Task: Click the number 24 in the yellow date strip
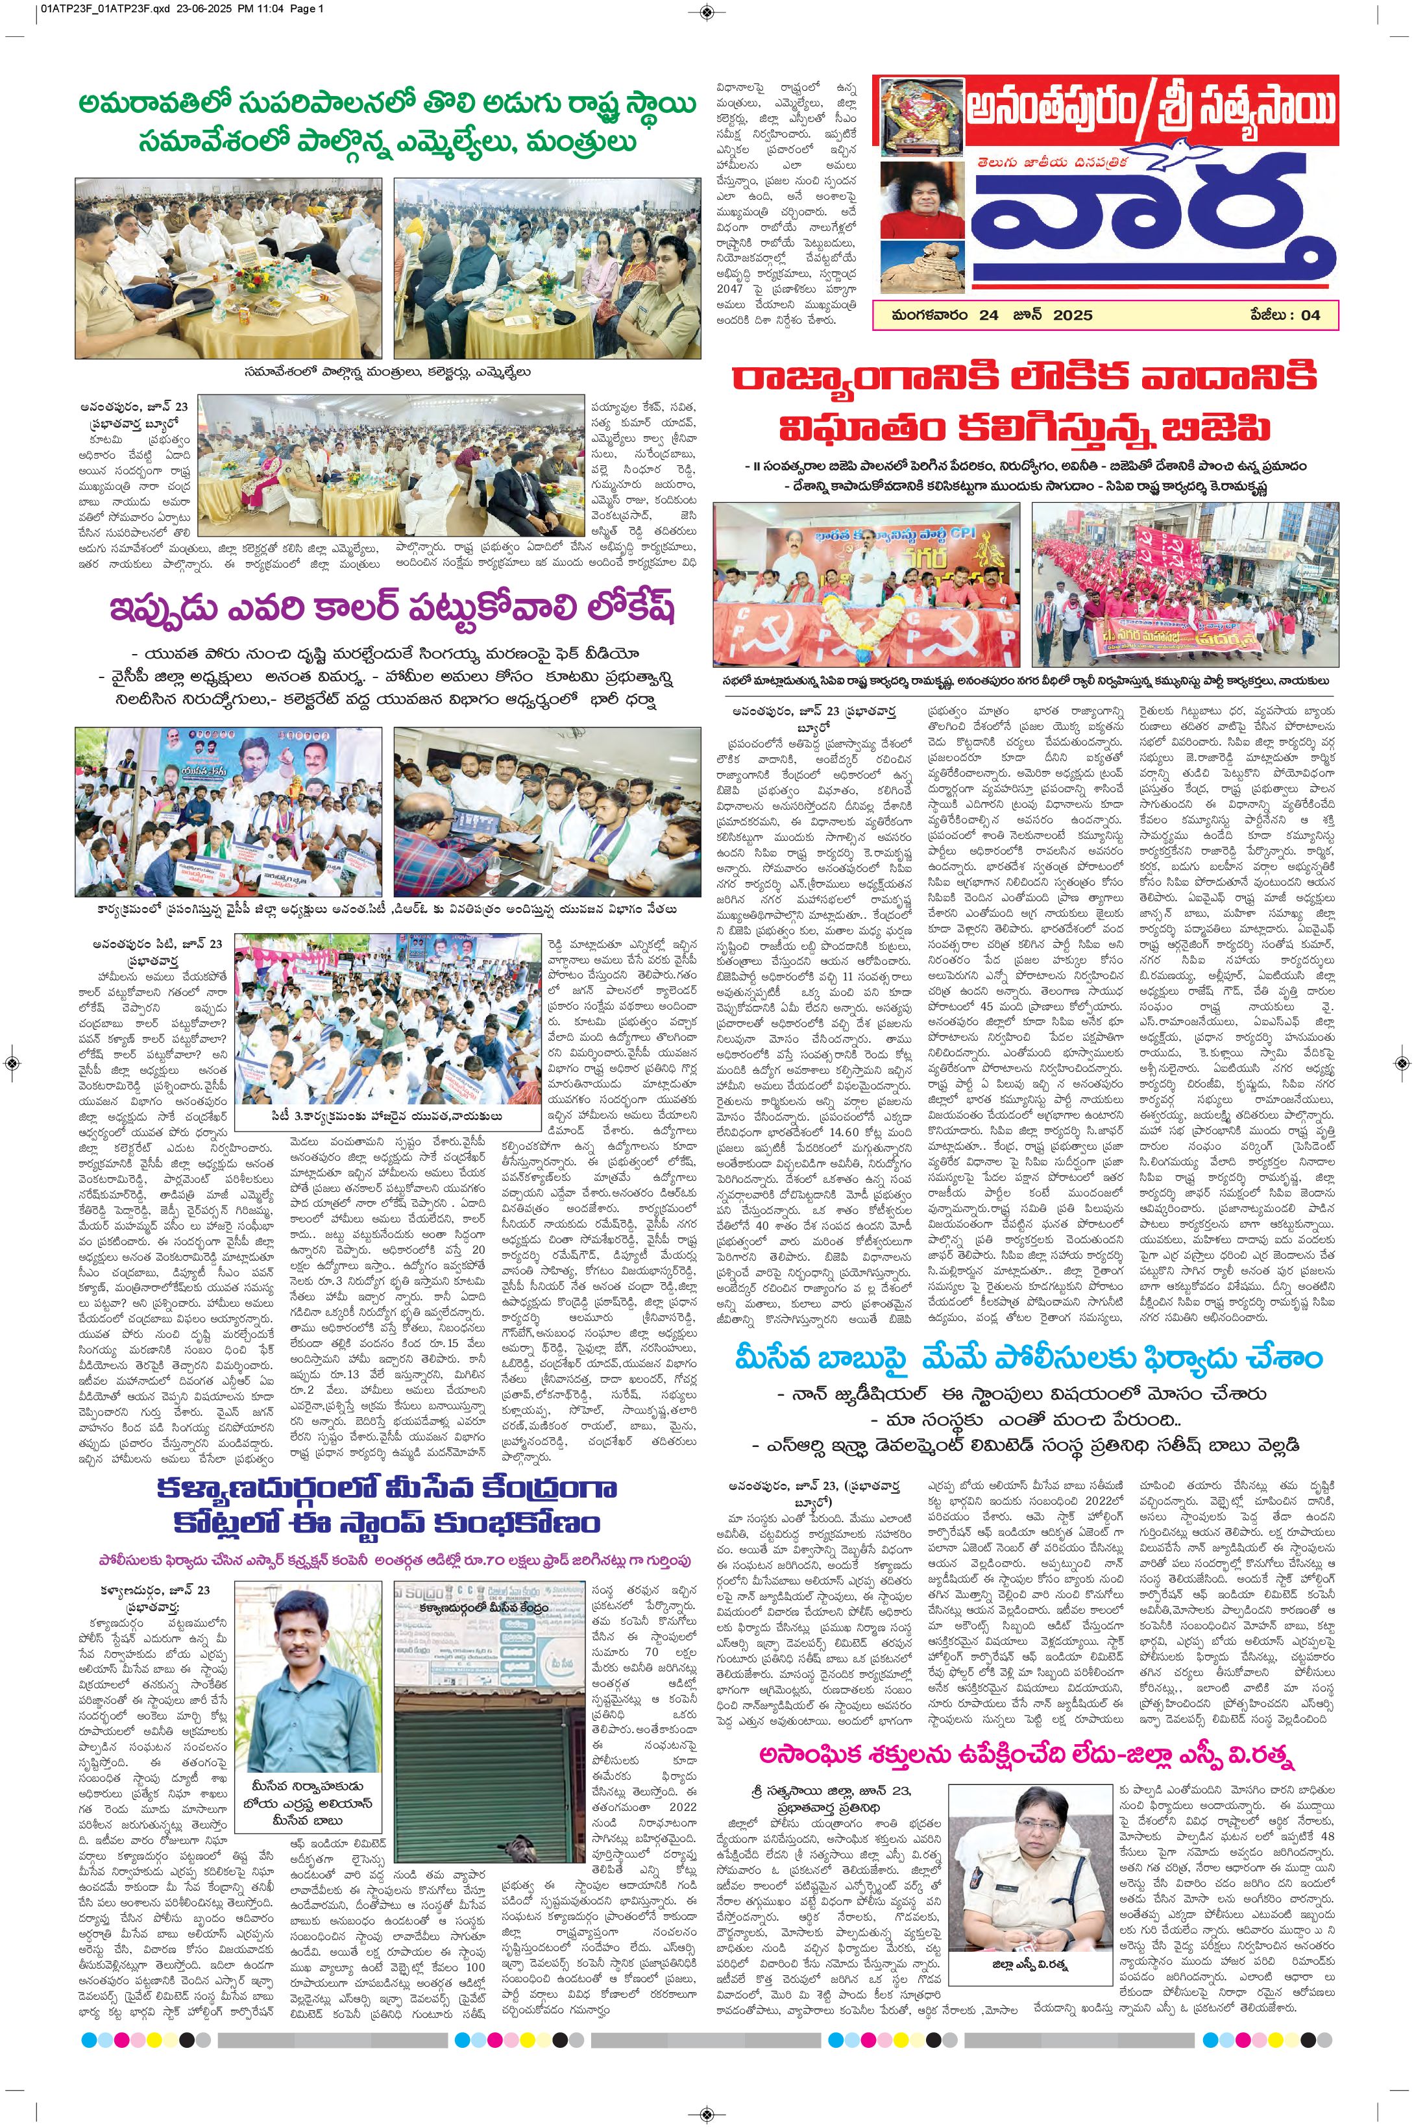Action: click(989, 315)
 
